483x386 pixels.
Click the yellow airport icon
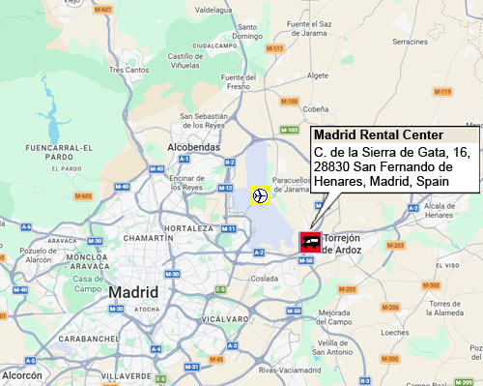coord(260,195)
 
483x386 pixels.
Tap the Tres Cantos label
coord(129,70)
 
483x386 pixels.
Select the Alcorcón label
coord(21,374)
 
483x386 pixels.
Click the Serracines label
coord(411,42)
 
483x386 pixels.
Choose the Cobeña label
coord(328,109)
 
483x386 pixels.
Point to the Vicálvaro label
coord(224,317)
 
